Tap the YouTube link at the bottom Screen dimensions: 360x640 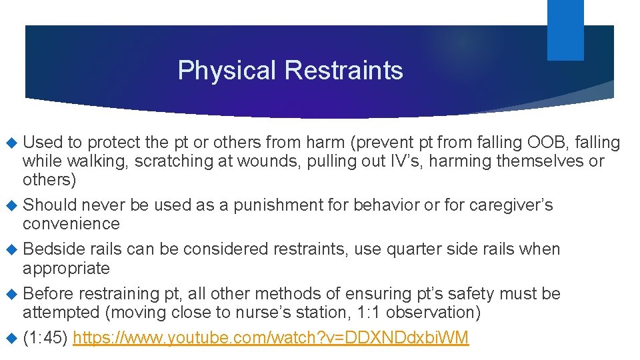click(271, 338)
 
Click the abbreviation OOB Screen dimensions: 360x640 click(545, 143)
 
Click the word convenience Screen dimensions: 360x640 click(71, 223)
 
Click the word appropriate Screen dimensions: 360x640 click(66, 268)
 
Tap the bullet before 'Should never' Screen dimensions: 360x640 click(11, 205)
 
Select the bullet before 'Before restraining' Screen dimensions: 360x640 click(11, 294)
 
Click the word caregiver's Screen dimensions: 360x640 click(511, 205)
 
